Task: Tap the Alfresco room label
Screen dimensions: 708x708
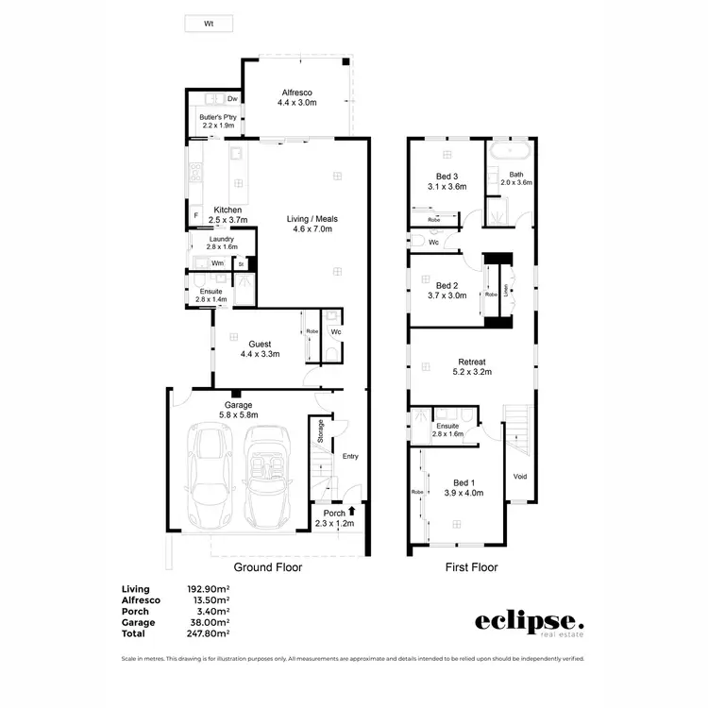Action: click(x=297, y=93)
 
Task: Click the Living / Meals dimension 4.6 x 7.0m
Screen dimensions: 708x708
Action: click(x=312, y=229)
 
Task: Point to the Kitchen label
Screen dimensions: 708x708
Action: click(x=228, y=210)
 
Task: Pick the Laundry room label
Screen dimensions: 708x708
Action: click(x=222, y=239)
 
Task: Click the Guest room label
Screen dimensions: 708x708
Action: click(x=260, y=344)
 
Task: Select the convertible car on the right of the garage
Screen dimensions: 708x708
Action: click(x=270, y=477)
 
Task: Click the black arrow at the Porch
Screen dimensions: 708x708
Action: click(x=352, y=512)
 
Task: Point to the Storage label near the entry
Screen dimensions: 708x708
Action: click(x=321, y=430)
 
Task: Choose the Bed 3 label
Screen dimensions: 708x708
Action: click(x=447, y=176)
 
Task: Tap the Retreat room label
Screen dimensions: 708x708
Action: click(x=472, y=361)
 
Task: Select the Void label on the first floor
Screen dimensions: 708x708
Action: click(x=519, y=476)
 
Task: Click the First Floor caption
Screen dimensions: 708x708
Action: click(x=471, y=567)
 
